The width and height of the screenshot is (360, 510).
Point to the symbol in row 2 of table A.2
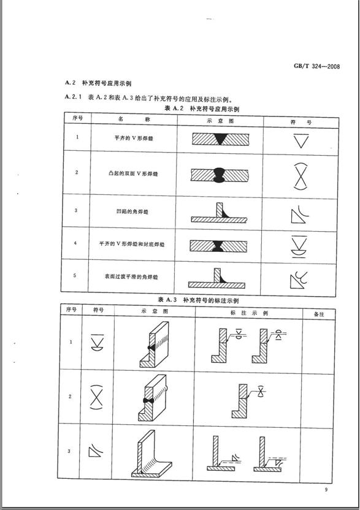[x=301, y=175]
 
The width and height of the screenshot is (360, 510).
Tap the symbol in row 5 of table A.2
[x=301, y=278]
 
